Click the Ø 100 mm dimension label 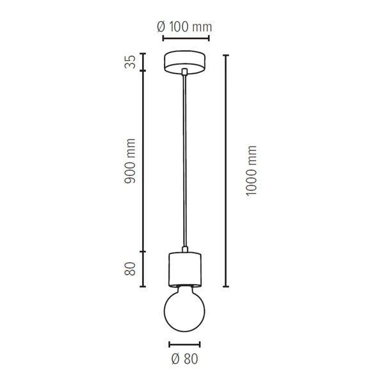point(184,27)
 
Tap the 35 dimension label point(130,63)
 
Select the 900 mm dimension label point(130,161)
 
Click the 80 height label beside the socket point(130,269)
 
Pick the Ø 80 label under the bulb point(184,360)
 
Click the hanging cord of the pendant point(184,160)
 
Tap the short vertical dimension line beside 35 point(143,63)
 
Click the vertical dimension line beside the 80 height point(143,269)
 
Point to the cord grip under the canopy point(184,72)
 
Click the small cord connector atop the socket point(184,248)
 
